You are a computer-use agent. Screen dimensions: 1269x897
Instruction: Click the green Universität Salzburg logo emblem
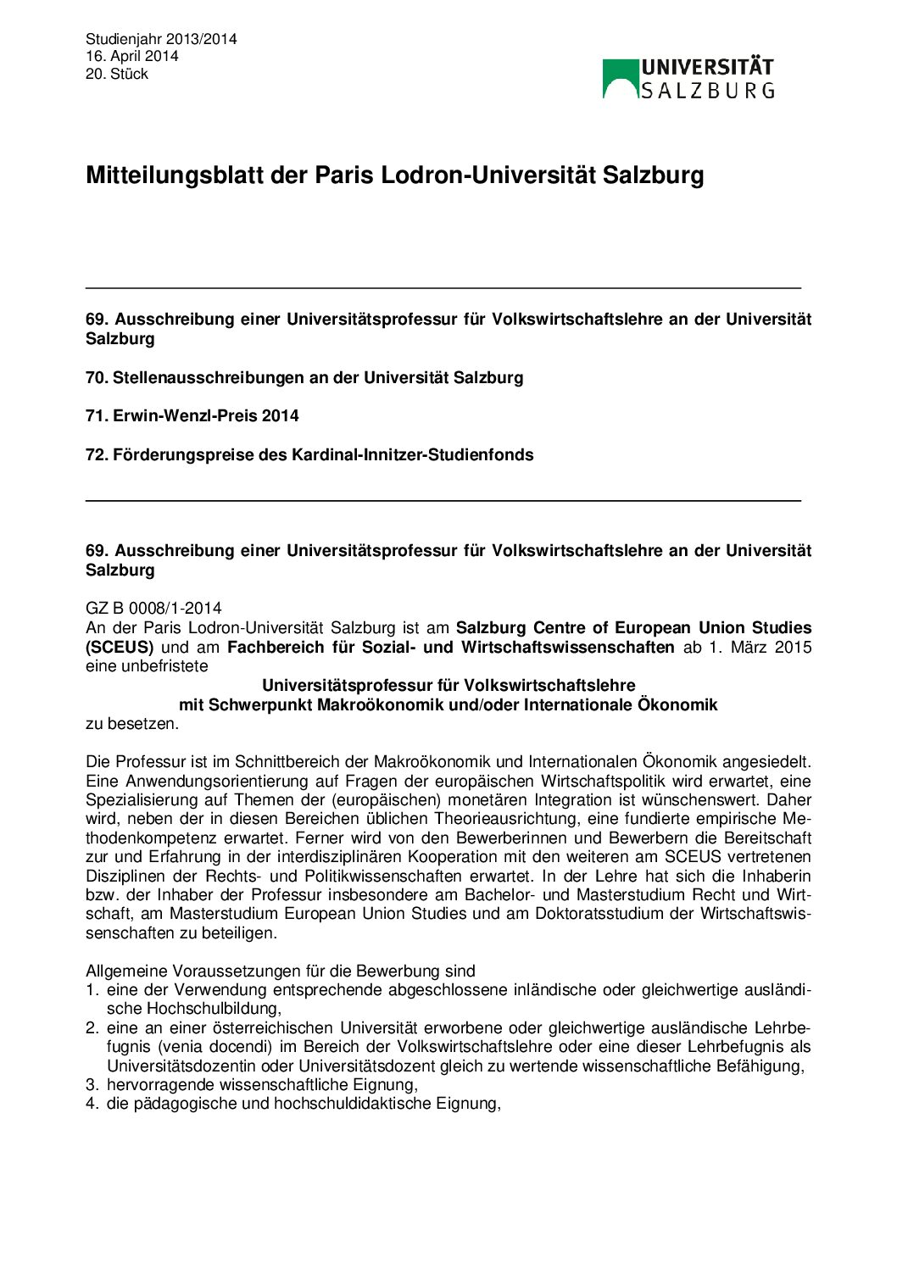[x=620, y=78]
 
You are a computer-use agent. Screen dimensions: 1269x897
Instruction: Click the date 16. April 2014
[x=131, y=56]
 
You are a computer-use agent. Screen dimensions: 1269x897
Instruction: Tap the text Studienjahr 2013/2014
[x=161, y=39]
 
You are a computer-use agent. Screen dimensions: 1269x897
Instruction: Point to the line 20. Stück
[x=117, y=74]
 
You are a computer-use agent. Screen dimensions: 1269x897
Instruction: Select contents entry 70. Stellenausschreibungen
[x=304, y=377]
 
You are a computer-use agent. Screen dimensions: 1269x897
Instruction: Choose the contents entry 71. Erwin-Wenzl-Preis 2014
[x=192, y=415]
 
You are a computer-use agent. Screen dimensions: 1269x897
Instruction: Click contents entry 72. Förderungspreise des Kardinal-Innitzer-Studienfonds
[x=309, y=454]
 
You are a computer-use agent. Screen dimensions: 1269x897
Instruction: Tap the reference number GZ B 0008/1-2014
[x=153, y=608]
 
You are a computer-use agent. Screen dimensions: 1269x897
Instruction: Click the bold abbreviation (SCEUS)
[x=120, y=647]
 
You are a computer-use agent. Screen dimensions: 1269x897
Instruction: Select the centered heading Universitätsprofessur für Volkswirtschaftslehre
[x=448, y=685]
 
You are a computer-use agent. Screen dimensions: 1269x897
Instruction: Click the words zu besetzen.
[x=132, y=723]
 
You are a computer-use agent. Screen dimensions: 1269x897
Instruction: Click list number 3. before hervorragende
[x=92, y=1084]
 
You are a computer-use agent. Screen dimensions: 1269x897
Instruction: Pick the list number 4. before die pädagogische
[x=92, y=1104]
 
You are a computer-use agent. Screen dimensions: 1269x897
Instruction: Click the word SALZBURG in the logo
[x=707, y=90]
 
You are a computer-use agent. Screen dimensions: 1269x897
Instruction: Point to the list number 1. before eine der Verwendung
[x=92, y=989]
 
